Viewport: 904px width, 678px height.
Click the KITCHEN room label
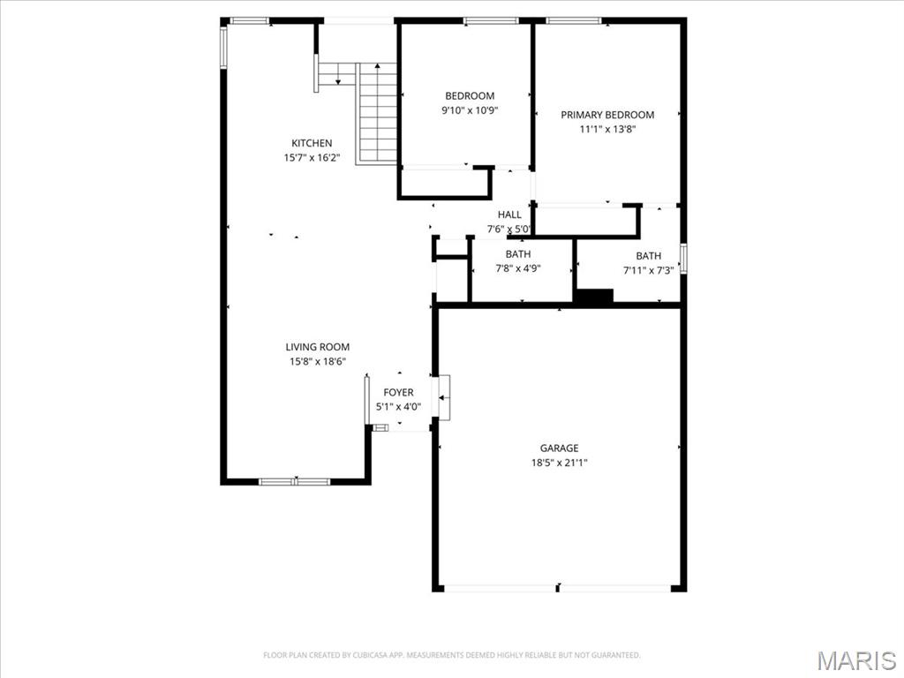pyautogui.click(x=312, y=143)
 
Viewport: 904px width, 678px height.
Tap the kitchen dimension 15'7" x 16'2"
pyautogui.click(x=312, y=158)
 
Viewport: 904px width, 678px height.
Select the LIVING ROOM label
pyautogui.click(x=317, y=347)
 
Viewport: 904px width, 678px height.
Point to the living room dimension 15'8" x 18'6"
pyautogui.click(x=317, y=361)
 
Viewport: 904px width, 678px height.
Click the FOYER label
pyautogui.click(x=398, y=393)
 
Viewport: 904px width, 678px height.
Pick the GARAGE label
pyautogui.click(x=560, y=448)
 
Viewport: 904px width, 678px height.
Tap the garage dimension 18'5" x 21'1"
pyautogui.click(x=560, y=463)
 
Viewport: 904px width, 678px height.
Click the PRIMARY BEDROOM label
pyautogui.click(x=607, y=115)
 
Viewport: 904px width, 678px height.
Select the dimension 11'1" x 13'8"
pyautogui.click(x=607, y=129)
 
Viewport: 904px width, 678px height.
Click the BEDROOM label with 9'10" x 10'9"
pyautogui.click(x=470, y=96)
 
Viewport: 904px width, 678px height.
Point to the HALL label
pyautogui.click(x=509, y=215)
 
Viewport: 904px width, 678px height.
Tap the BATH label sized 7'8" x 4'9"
pyautogui.click(x=518, y=254)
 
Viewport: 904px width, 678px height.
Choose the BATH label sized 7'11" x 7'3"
pyautogui.click(x=648, y=256)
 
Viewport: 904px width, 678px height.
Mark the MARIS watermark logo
pyautogui.click(x=855, y=660)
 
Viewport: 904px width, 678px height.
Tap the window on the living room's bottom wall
pyautogui.click(x=294, y=481)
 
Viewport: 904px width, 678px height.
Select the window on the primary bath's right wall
pyautogui.click(x=683, y=259)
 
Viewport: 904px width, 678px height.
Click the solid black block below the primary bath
pyautogui.click(x=593, y=298)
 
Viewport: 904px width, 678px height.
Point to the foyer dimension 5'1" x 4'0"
pyautogui.click(x=398, y=407)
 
